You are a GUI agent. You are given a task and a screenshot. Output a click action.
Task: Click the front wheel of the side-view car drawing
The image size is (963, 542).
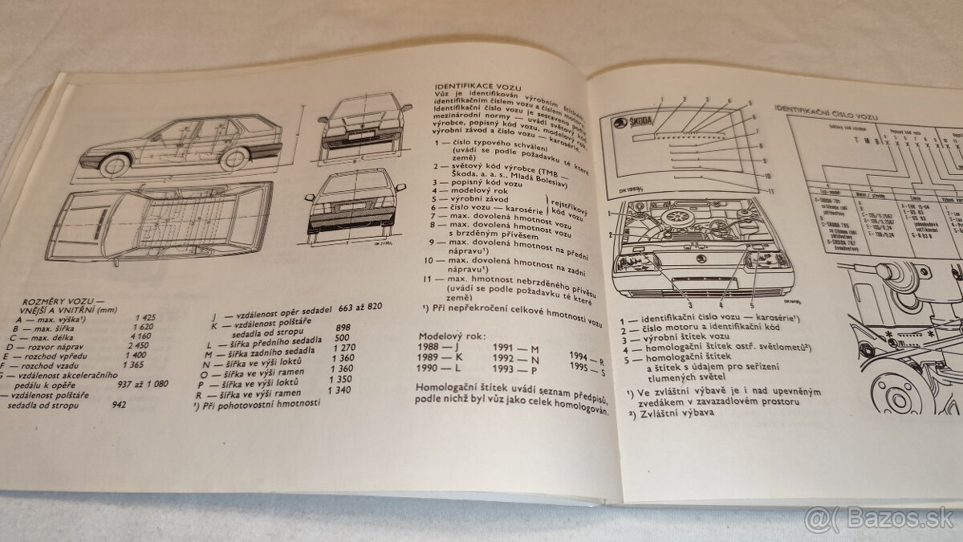pyautogui.click(x=115, y=164)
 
